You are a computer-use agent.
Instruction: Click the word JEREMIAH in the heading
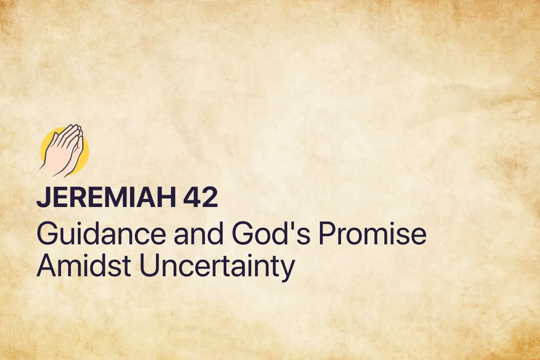click(x=105, y=198)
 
